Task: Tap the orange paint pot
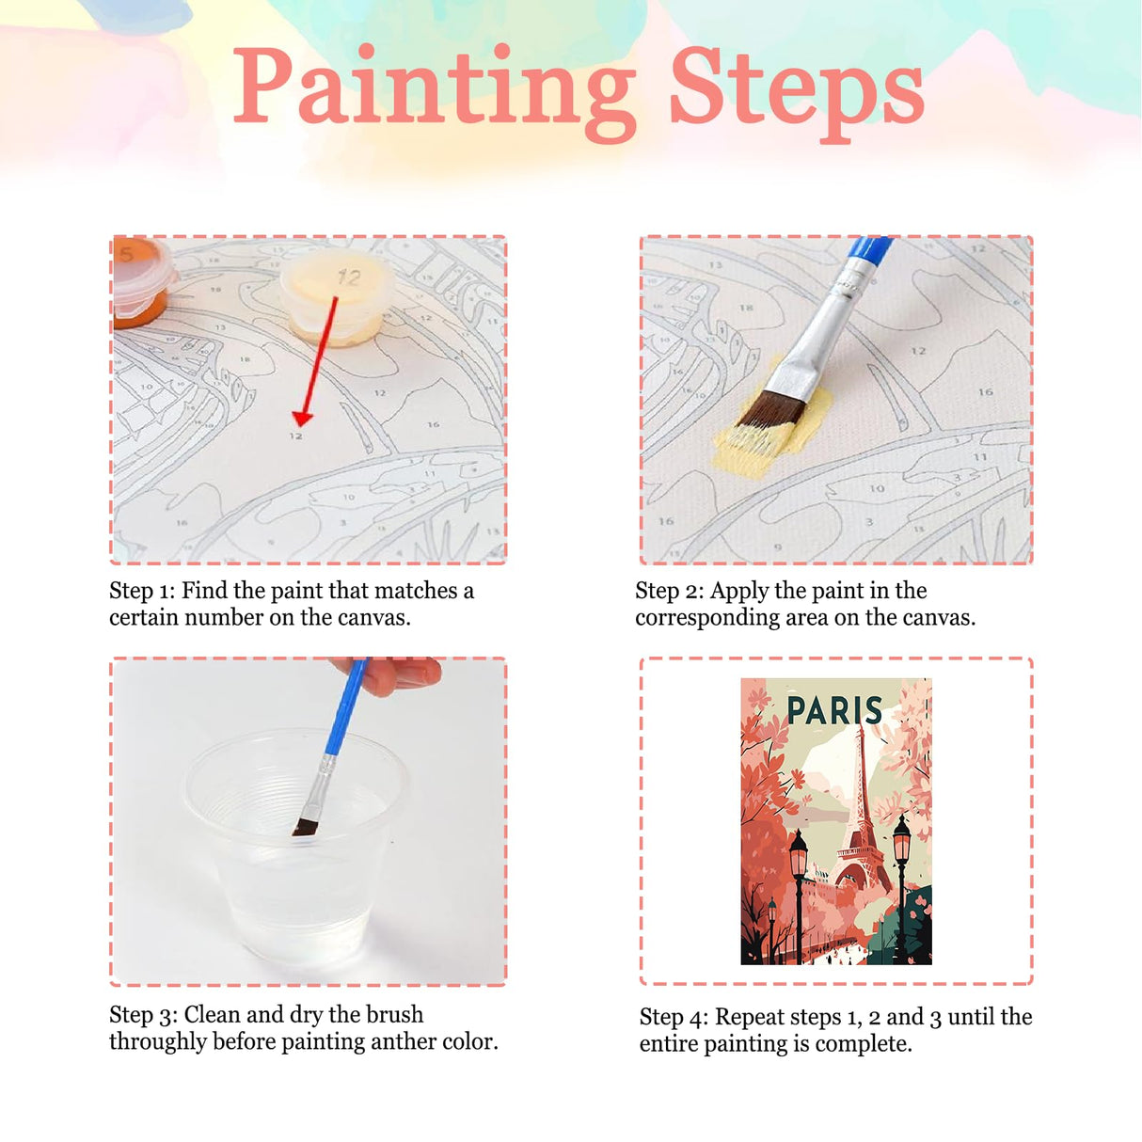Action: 141,282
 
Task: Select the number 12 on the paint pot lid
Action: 348,278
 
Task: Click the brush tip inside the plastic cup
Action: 304,827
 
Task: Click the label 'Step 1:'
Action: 142,591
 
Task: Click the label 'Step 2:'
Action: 669,591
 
